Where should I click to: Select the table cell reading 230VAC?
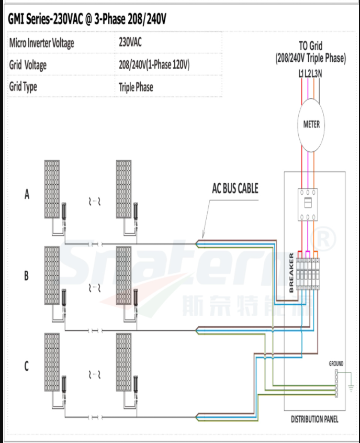click(130, 43)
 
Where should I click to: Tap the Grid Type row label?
click(23, 87)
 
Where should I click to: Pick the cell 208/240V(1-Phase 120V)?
click(154, 65)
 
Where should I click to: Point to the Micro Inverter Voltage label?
click(42, 43)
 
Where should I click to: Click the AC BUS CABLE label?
click(235, 189)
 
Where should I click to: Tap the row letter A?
click(27, 195)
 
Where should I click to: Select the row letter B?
click(27, 276)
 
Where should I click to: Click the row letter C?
click(27, 367)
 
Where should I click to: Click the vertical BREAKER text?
click(292, 272)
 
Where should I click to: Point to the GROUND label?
click(336, 363)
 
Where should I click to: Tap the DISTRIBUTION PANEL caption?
click(314, 419)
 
